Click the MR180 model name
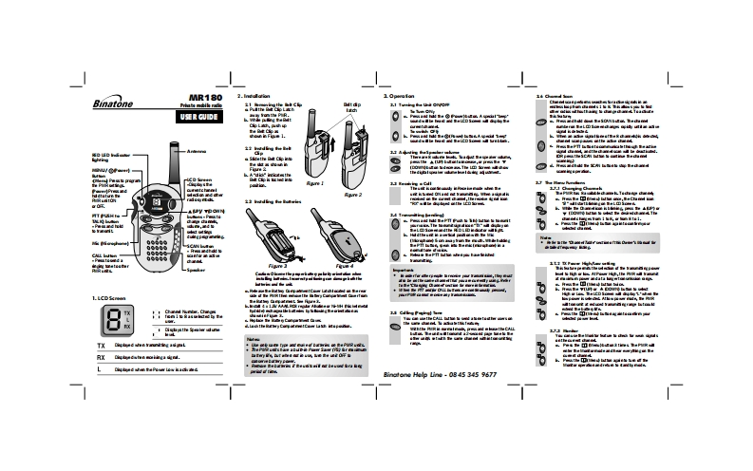[x=204, y=97]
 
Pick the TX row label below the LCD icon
[x=102, y=348]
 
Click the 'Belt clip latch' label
[x=352, y=106]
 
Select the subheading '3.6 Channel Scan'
[x=558, y=97]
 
